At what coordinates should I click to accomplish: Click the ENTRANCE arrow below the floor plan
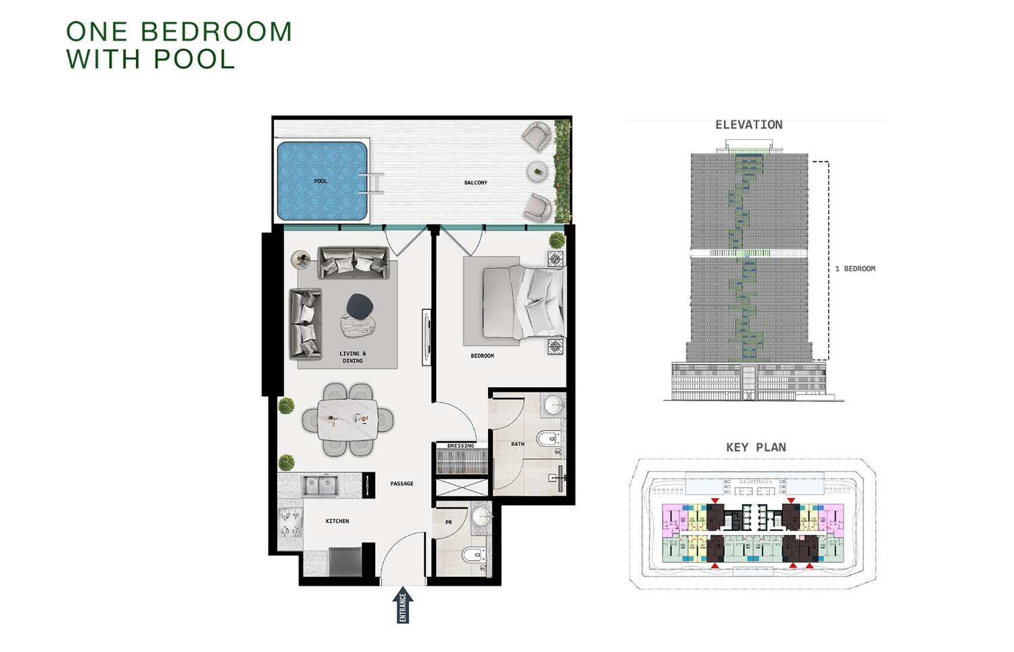[x=403, y=605]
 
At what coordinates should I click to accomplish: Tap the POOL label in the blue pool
[x=320, y=181]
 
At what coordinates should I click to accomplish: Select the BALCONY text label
[x=475, y=182]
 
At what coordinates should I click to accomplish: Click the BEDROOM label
[x=482, y=355]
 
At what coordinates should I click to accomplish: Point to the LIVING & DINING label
[x=352, y=357]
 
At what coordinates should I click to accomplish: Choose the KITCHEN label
[x=337, y=521]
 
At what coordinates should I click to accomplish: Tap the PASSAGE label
[x=402, y=484]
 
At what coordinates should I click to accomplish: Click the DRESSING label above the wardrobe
[x=460, y=446]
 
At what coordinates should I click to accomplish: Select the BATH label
[x=517, y=444]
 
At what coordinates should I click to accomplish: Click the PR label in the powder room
[x=448, y=522]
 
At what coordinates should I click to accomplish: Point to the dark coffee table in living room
[x=360, y=306]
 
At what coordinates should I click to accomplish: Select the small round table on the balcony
[x=537, y=172]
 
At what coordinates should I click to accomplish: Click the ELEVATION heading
[x=748, y=125]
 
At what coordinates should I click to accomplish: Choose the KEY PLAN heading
[x=756, y=447]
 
